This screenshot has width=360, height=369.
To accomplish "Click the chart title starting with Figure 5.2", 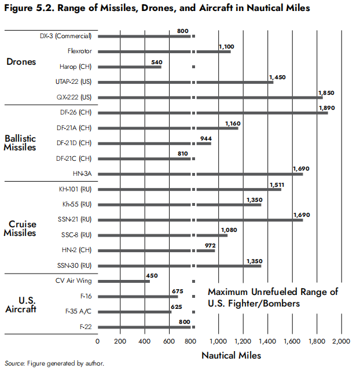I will tap(157, 8).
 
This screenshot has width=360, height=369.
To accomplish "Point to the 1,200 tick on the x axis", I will tap(244, 341).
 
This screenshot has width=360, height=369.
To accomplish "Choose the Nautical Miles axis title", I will tap(231, 355).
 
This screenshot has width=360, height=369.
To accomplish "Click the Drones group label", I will tap(21, 62).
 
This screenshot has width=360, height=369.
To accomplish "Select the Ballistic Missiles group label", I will tap(20, 143).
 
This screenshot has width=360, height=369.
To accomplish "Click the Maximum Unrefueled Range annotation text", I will tap(273, 297).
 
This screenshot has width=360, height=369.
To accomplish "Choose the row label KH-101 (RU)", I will tap(76, 189).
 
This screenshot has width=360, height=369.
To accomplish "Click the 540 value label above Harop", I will tap(158, 61).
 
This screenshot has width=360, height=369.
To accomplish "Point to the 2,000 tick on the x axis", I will tap(341, 341).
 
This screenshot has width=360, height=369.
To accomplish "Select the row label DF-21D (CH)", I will tap(76, 143).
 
